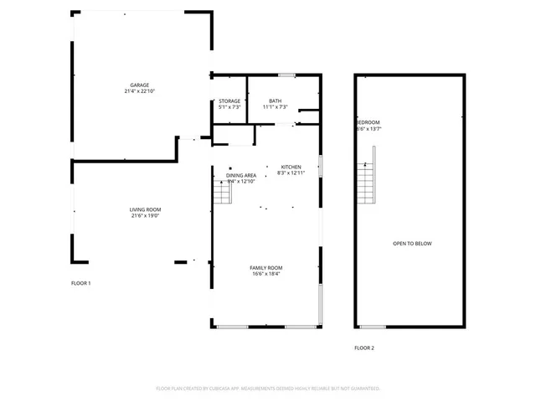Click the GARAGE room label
[139, 85]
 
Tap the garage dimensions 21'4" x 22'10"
[139, 91]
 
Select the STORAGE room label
[229, 100]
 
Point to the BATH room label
[276, 100]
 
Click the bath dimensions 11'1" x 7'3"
[276, 107]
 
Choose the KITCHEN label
[291, 167]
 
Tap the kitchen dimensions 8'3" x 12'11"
[291, 173]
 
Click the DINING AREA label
[241, 175]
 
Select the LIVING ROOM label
[145, 209]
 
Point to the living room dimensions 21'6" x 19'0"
[145, 216]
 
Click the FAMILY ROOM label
[265, 267]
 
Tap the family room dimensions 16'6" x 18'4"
[265, 274]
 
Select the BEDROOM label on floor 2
[368, 123]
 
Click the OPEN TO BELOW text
[412, 244]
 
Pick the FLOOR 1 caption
[80, 283]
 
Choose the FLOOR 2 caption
[364, 348]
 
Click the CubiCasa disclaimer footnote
[268, 389]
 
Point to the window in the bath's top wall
[287, 75]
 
